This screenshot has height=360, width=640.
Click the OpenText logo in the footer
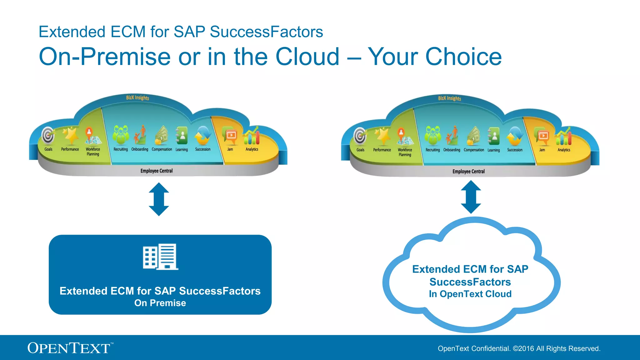[x=69, y=348]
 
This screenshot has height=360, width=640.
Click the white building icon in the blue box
[x=160, y=257]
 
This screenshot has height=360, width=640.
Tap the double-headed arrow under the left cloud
[x=159, y=199]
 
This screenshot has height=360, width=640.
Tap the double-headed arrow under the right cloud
[x=471, y=197]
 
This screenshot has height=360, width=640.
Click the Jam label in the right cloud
[x=542, y=150]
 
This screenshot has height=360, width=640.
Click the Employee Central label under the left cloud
[x=156, y=171]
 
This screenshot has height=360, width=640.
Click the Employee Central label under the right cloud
[x=468, y=172]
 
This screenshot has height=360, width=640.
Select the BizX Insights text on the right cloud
[x=449, y=98]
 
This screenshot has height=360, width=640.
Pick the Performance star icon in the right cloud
[x=382, y=136]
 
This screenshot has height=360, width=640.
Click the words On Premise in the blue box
[x=160, y=303]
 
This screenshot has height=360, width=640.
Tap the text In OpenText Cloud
[x=470, y=294]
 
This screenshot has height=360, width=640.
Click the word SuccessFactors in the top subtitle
[x=266, y=32]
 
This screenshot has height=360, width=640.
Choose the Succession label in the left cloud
[x=202, y=149]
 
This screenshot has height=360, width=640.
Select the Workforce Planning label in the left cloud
[x=93, y=152]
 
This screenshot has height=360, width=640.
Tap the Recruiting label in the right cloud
[x=432, y=150]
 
